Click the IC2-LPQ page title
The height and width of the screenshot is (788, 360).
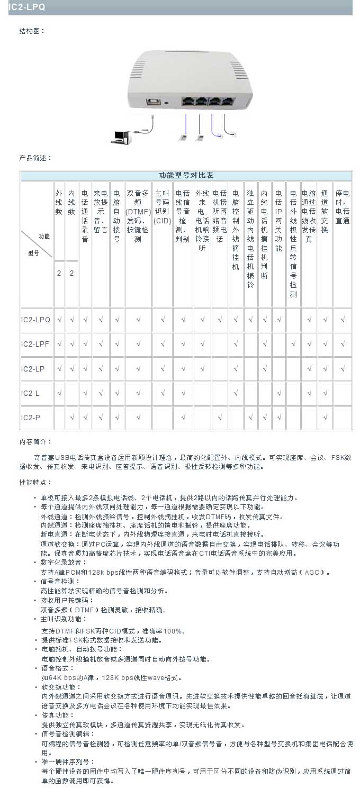coord(27,7)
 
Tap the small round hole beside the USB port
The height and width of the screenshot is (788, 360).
coord(167,102)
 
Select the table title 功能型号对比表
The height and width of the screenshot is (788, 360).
coord(186,176)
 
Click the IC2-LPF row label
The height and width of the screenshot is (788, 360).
coord(35,344)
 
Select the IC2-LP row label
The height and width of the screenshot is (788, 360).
coord(33,369)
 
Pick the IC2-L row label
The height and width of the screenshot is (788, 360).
coord(31,393)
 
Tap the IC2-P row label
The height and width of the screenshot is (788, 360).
coord(31,418)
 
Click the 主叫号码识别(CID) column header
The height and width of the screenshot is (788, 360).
coord(163,207)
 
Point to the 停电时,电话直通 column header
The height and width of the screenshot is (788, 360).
coord(343,207)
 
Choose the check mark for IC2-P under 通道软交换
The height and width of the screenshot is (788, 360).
coord(325,418)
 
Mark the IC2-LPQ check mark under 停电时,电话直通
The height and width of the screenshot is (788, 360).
coord(343,320)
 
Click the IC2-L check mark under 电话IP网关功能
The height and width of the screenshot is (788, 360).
coord(278,393)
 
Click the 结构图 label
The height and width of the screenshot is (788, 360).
coord(32,31)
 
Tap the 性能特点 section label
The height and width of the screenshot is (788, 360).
coord(35,483)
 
